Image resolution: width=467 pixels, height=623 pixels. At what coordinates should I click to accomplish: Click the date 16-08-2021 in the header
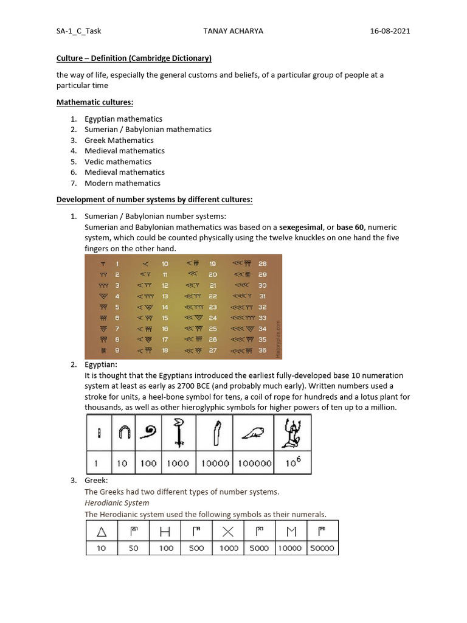[390, 31]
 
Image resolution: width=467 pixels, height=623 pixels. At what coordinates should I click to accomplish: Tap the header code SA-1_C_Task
[78, 31]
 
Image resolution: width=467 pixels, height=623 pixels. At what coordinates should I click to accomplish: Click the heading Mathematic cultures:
[94, 102]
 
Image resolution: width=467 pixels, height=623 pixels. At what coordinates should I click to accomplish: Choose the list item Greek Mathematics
[119, 140]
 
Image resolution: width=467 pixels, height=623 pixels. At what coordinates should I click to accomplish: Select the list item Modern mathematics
[122, 183]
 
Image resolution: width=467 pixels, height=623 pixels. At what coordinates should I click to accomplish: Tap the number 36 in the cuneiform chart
[262, 351]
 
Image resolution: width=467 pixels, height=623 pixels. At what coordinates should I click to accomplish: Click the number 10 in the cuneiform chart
[165, 264]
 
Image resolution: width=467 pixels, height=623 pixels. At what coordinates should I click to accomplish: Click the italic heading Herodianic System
[117, 503]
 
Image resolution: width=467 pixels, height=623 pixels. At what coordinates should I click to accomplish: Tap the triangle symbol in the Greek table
[102, 532]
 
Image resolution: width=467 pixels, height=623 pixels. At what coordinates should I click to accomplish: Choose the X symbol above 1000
[228, 532]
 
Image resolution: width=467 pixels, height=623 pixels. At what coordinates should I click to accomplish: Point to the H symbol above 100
[165, 532]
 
